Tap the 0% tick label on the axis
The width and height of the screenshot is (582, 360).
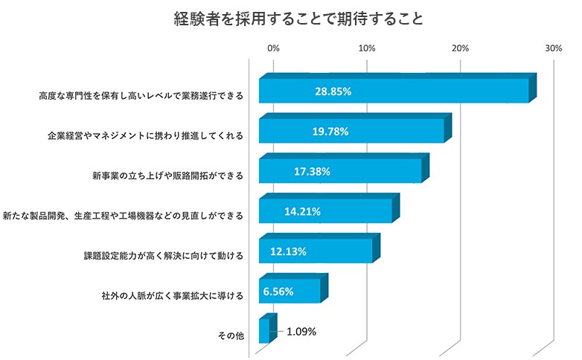pyautogui.click(x=273, y=48)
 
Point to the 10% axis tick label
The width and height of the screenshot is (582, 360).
pyautogui.click(x=366, y=48)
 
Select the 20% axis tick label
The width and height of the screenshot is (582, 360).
pyautogui.click(x=460, y=48)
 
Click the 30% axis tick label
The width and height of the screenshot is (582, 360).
pyautogui.click(x=554, y=48)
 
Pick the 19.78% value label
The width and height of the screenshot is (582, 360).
pyautogui.click(x=330, y=132)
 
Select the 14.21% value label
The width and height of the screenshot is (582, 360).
pyautogui.click(x=302, y=211)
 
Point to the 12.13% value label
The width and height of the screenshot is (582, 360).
pyautogui.click(x=288, y=251)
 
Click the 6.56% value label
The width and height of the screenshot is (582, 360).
pyautogui.click(x=278, y=292)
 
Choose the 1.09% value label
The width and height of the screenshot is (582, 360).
pyautogui.click(x=301, y=332)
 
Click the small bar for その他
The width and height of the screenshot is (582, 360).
pyautogui.click(x=263, y=332)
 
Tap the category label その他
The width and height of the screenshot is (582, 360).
pyautogui.click(x=230, y=336)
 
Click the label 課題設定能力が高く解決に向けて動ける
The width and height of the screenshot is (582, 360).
pyautogui.click(x=163, y=256)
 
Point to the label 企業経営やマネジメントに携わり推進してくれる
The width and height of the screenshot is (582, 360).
pyautogui.click(x=144, y=136)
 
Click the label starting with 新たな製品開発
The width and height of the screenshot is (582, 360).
pyautogui.click(x=122, y=216)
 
